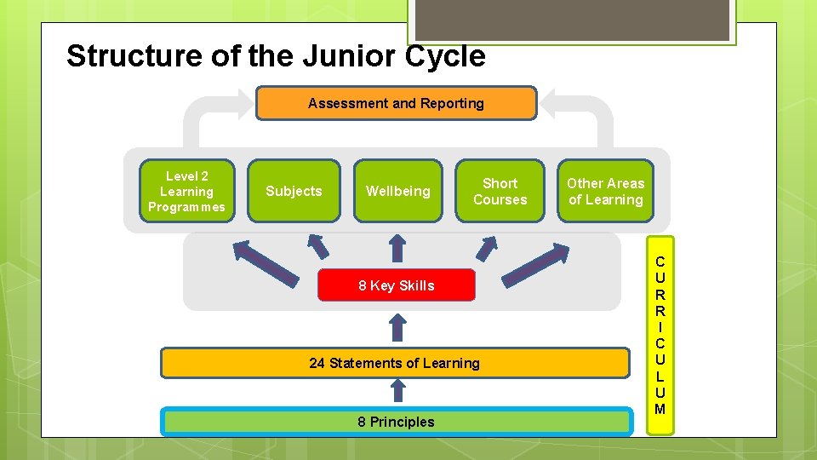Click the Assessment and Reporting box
(x=397, y=103)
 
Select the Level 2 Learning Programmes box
(x=186, y=191)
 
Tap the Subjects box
(x=294, y=191)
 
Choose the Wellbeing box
(x=397, y=191)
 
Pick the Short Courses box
(x=500, y=191)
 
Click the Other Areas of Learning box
(x=605, y=191)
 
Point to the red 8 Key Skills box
(x=396, y=285)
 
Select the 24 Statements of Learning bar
(x=394, y=363)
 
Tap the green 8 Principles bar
(x=396, y=422)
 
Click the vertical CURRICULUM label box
(x=660, y=336)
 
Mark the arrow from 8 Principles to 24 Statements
(x=397, y=390)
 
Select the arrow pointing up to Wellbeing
(x=397, y=246)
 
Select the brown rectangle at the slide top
(x=569, y=18)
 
